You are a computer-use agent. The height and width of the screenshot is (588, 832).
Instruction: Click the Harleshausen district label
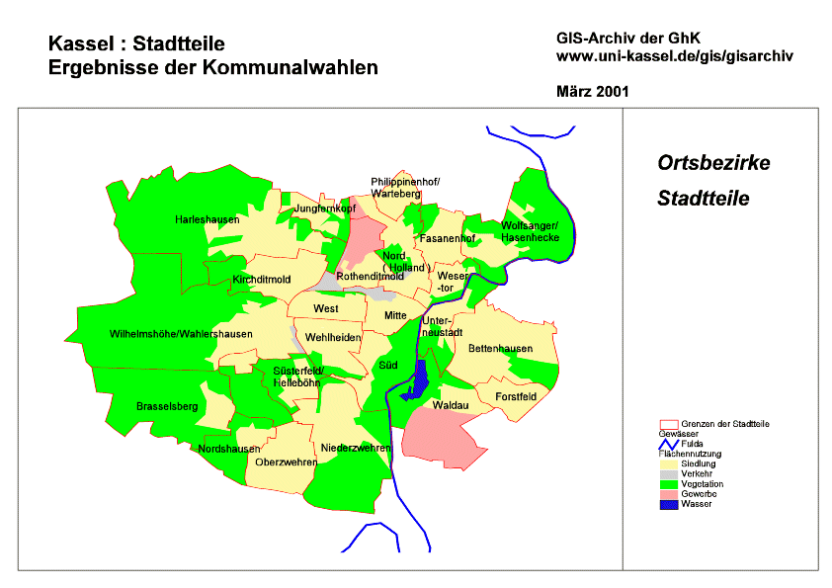208,219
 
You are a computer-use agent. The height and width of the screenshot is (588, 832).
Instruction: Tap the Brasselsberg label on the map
167,406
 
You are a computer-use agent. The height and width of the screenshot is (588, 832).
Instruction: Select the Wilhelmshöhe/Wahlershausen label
181,334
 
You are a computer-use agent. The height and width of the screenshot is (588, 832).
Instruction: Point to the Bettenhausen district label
500,349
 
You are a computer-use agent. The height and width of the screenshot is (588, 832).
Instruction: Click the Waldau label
450,405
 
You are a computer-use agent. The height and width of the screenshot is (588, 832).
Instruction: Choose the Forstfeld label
516,396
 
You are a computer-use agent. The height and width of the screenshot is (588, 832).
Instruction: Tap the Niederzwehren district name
356,448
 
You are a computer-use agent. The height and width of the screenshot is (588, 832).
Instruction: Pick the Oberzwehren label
286,462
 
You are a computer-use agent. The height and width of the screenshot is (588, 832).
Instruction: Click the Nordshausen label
229,449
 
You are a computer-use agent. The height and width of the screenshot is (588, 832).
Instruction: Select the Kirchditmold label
261,280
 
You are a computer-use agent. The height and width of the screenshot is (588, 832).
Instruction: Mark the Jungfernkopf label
324,210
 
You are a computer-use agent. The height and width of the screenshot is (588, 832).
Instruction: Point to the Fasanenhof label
448,239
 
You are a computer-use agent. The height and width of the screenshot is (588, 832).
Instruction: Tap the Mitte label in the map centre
395,315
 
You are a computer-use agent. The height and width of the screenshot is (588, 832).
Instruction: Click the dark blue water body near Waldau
418,379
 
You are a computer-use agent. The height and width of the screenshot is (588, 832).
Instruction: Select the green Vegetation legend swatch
669,484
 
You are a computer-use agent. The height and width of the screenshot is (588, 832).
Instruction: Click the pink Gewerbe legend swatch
669,494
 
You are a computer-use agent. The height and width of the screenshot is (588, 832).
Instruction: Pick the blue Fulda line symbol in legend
669,444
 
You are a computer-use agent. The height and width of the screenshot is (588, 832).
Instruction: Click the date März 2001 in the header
593,91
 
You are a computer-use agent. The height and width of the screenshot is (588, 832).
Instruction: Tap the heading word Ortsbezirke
713,163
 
